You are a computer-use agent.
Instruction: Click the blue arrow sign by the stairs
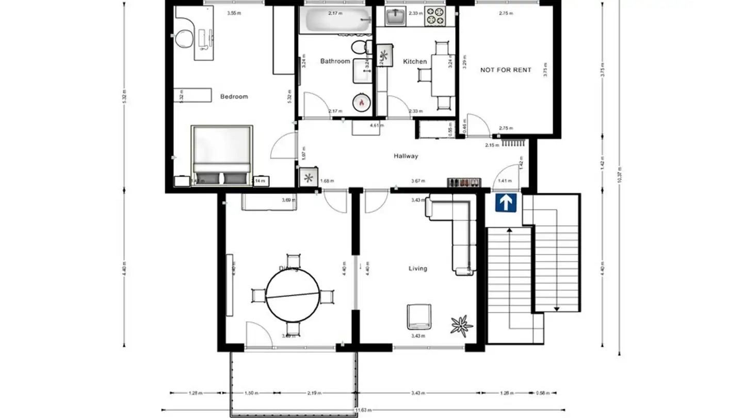point(506,203)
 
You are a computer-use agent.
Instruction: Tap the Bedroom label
point(234,97)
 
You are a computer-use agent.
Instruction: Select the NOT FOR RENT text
point(505,70)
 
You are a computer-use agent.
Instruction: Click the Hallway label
point(406,156)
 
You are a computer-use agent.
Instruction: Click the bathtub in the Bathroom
point(335,20)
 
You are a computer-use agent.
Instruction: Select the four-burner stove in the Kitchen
point(434,17)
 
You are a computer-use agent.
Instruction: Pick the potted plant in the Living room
point(461,326)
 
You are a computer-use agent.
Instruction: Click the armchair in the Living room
point(418,316)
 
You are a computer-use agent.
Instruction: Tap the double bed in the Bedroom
point(221,153)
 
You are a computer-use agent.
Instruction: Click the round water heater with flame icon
point(361,103)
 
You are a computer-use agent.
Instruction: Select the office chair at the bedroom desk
point(183,38)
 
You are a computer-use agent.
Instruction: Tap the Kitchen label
point(415,61)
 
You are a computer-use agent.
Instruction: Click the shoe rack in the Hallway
point(463,182)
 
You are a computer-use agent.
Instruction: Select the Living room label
point(417,268)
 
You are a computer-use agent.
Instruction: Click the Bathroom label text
point(335,61)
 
